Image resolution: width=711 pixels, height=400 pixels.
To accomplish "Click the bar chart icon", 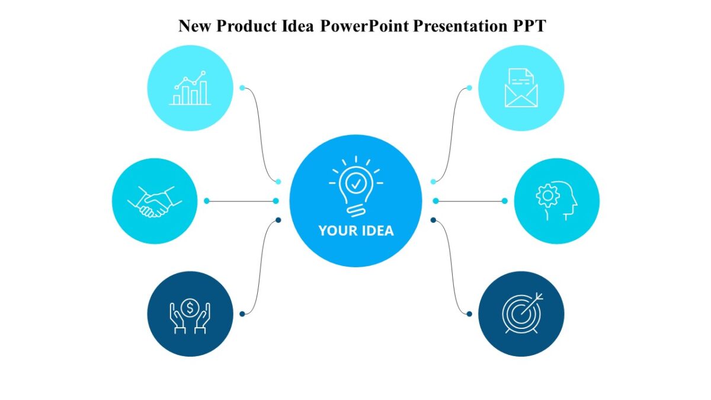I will click(x=190, y=88).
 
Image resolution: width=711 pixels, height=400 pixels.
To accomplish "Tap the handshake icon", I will click(x=155, y=201).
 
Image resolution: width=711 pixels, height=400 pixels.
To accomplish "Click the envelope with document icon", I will click(x=521, y=88).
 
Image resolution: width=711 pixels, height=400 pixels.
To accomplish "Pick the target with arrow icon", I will click(x=521, y=314).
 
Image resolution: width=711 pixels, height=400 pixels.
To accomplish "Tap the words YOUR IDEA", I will click(x=355, y=231).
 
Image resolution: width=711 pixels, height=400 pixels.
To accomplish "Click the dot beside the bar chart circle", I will click(x=242, y=88).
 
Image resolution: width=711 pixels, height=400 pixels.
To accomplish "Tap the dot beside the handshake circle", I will click(x=207, y=201).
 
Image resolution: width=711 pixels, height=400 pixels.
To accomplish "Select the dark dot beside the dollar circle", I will click(x=242, y=314).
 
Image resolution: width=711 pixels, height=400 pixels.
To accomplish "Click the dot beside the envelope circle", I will click(x=469, y=88).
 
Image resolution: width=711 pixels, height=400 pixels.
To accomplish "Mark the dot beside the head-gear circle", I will click(x=505, y=201).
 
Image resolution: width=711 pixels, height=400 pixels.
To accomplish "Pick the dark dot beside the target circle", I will click(x=469, y=314).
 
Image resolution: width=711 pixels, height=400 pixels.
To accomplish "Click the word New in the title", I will click(x=194, y=26).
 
